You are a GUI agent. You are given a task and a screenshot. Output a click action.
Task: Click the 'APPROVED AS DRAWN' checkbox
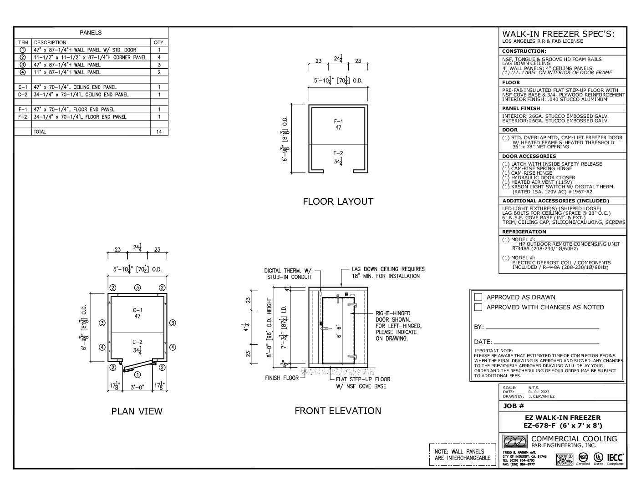(478, 297)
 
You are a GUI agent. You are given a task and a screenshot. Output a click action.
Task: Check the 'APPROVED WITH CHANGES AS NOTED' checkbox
(478, 307)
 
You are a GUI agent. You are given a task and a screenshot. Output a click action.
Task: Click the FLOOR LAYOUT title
(338, 201)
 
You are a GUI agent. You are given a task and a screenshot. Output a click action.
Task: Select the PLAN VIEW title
(137, 411)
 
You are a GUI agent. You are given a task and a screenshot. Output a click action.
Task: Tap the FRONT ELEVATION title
(338, 411)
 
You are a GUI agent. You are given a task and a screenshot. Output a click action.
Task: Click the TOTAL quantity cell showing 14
(159, 131)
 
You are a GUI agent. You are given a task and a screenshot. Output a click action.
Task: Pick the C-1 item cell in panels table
(23, 87)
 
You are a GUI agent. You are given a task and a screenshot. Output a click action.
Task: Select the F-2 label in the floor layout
(338, 153)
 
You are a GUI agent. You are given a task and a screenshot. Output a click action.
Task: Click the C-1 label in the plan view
(137, 310)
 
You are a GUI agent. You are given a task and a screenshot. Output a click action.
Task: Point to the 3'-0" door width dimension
(137, 388)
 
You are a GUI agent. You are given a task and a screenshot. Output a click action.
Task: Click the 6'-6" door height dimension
(337, 330)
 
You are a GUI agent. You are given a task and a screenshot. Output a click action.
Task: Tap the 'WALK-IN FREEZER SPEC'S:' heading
(558, 34)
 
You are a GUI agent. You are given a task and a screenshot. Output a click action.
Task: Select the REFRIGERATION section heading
(524, 232)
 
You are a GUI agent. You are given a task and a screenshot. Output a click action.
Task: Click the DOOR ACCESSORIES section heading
(529, 156)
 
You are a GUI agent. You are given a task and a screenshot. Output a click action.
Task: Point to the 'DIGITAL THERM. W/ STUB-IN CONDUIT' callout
(288, 273)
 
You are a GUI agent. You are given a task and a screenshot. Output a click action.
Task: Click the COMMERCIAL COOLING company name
(574, 439)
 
